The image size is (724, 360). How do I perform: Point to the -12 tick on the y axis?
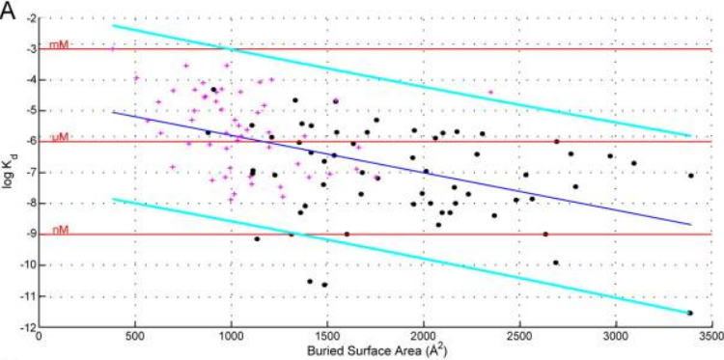pos(26,326)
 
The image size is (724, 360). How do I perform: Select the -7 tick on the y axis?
pos(28,173)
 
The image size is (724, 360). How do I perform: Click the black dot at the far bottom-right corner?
pos(690,313)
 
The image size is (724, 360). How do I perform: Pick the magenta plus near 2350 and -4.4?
pos(490,93)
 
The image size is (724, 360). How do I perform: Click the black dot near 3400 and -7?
pos(691,175)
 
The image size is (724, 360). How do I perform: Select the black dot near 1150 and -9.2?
pos(257,238)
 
